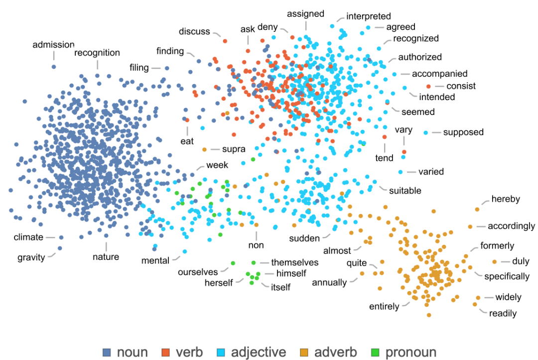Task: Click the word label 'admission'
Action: click(x=53, y=45)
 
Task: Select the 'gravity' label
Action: click(x=31, y=257)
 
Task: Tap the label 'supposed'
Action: click(x=463, y=132)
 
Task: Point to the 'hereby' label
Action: click(x=506, y=199)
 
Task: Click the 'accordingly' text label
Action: click(x=511, y=226)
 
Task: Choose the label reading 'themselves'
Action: click(x=294, y=262)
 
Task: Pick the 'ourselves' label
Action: click(x=198, y=272)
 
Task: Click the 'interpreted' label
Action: click(x=369, y=16)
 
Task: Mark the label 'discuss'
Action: click(x=194, y=32)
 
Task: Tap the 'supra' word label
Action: click(x=234, y=149)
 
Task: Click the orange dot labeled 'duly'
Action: click(x=494, y=262)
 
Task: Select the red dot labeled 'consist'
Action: click(x=428, y=87)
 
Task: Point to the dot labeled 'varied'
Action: click(x=401, y=172)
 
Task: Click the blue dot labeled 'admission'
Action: click(x=54, y=66)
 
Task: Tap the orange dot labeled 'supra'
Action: click(x=204, y=149)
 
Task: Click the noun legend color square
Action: click(x=107, y=353)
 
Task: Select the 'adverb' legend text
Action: click(x=335, y=353)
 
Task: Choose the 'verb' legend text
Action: click(x=189, y=353)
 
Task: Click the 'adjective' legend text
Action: click(x=259, y=353)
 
